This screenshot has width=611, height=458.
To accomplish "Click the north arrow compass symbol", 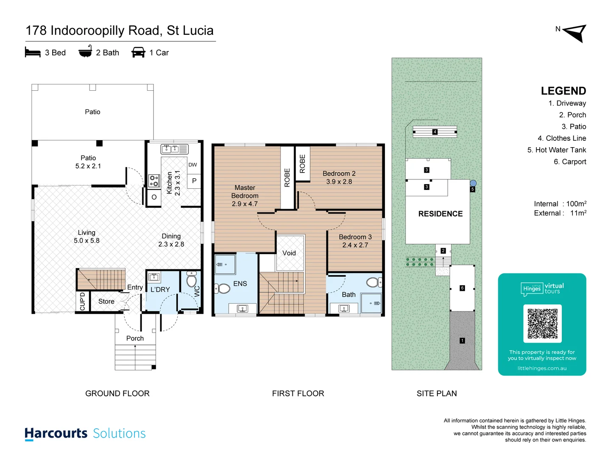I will pos(575,33).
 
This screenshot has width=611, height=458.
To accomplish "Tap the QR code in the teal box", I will pos(542,324).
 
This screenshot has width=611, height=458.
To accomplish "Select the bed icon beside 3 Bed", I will pos(33,53).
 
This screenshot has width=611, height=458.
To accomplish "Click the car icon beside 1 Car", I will pos(138,53).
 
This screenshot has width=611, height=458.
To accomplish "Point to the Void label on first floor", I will pos(289,253).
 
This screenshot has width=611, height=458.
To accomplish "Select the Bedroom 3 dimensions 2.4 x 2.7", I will pos(355,245).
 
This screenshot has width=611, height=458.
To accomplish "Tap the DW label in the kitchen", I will pos(193,165).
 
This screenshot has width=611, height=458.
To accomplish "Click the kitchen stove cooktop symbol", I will pos(154,181).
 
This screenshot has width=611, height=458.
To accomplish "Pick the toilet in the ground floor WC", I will pos(192,280).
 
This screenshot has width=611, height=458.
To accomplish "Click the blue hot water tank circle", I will pos(473,183).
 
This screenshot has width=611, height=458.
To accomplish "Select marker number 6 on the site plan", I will pos(462,288).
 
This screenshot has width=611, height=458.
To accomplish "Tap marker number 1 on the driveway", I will pos(462,341).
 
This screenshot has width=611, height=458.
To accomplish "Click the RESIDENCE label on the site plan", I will pos(440,214).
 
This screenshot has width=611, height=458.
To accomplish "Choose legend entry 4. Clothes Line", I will pos(562,138).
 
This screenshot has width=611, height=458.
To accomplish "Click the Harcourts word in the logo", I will pos(56,433).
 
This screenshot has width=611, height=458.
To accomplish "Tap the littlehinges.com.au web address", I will pos(542,368).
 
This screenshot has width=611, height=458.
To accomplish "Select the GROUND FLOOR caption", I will pos(118,394).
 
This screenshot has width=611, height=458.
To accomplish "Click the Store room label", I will pos(107,302).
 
